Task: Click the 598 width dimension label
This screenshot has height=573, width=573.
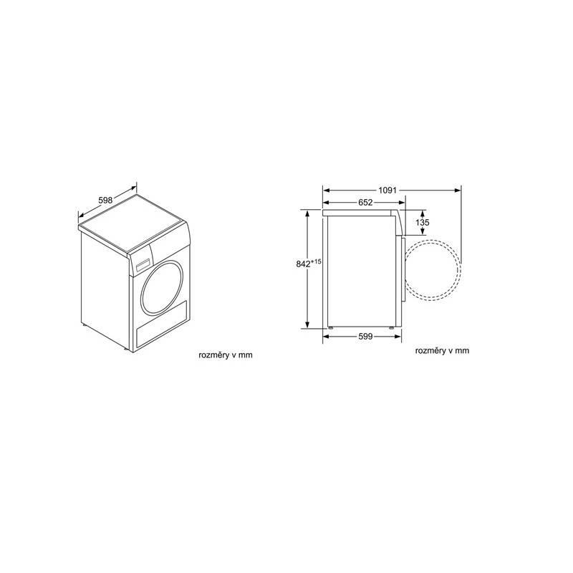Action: pos(105,201)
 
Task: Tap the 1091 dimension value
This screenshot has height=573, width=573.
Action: pos(389,190)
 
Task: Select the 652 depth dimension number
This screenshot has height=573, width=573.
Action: pos(365,203)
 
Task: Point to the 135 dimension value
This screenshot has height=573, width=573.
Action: pos(423,223)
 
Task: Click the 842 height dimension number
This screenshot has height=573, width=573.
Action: pos(304,264)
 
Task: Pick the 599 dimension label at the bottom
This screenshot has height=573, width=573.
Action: pos(365,337)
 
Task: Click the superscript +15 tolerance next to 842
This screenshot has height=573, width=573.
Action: pos(317,261)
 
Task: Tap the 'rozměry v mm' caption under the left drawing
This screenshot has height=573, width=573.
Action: pos(226,355)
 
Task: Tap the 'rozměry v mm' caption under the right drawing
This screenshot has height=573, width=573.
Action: pos(442,350)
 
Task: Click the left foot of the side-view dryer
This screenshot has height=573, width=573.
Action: pos(331,329)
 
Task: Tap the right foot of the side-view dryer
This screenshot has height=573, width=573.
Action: pos(392,329)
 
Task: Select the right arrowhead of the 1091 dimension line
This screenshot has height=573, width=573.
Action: pos(458,190)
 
